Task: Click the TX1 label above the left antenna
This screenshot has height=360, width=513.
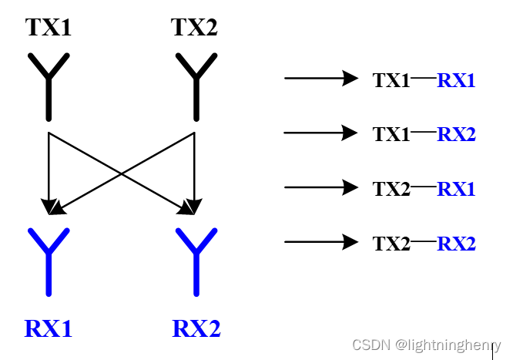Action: coord(49,28)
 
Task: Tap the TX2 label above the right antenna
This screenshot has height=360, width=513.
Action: coord(194,28)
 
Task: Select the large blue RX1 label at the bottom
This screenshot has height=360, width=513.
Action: coord(49,329)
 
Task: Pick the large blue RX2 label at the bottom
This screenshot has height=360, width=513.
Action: coord(196,329)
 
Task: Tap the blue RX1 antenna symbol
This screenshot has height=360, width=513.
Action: coord(49,258)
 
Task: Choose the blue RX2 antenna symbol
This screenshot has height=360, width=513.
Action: coord(196,258)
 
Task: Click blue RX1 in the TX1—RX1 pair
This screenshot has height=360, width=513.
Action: coord(456,79)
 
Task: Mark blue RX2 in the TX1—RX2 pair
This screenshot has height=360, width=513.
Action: coord(456,134)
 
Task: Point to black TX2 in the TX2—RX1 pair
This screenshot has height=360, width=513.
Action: coord(391,189)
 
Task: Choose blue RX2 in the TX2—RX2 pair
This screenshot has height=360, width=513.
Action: coord(456,244)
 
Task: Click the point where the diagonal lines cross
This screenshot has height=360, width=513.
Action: coord(121,173)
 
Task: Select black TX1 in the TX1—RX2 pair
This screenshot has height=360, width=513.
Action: coord(391,134)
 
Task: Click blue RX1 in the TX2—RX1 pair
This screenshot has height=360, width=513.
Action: coord(456,189)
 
